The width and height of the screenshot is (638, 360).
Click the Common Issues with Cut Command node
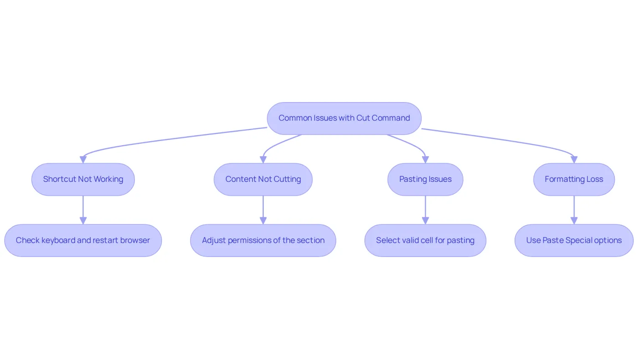click(x=344, y=118)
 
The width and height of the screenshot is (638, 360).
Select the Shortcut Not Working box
click(x=83, y=179)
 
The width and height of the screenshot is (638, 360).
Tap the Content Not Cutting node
click(x=263, y=179)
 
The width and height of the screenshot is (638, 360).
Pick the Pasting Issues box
click(x=425, y=179)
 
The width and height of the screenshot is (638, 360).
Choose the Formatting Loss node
click(x=574, y=179)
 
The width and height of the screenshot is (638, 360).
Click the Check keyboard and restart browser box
click(x=83, y=241)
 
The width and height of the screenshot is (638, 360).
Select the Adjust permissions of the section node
click(x=263, y=241)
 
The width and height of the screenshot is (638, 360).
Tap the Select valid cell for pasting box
click(x=425, y=241)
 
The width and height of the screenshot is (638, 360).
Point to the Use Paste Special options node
click(x=574, y=241)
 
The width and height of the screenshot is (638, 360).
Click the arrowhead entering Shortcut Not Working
click(x=83, y=159)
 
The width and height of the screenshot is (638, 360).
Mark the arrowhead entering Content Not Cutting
click(x=263, y=159)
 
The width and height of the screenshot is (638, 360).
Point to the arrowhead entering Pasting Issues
click(x=425, y=159)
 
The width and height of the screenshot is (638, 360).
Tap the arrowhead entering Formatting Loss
click(x=574, y=159)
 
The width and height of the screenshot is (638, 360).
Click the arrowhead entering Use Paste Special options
click(x=574, y=221)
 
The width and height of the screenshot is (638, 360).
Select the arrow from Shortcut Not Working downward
click(x=83, y=210)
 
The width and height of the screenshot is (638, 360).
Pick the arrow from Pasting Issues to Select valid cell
click(x=425, y=210)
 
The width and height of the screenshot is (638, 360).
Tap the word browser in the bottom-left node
click(x=135, y=241)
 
